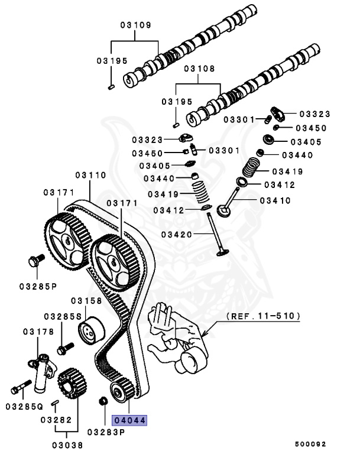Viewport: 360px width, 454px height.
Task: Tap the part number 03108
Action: (200, 69)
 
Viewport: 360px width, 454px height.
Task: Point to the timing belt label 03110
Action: (90, 176)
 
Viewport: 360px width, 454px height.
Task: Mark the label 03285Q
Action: (24, 407)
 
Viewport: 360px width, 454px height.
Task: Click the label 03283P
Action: (106, 432)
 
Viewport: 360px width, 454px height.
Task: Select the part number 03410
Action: (275, 201)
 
